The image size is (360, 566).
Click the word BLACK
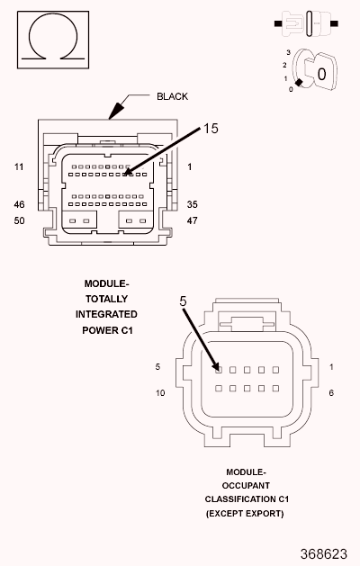[x=172, y=97]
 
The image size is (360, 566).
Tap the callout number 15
[x=211, y=129]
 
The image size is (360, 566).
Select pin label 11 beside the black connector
[x=19, y=166]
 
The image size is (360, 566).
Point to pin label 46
[x=19, y=204]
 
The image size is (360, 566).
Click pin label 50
[x=19, y=220]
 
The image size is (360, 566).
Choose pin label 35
[x=192, y=204]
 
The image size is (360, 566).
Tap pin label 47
[x=192, y=220]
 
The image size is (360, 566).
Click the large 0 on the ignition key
[x=321, y=75]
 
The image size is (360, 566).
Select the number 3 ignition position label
[x=288, y=53]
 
